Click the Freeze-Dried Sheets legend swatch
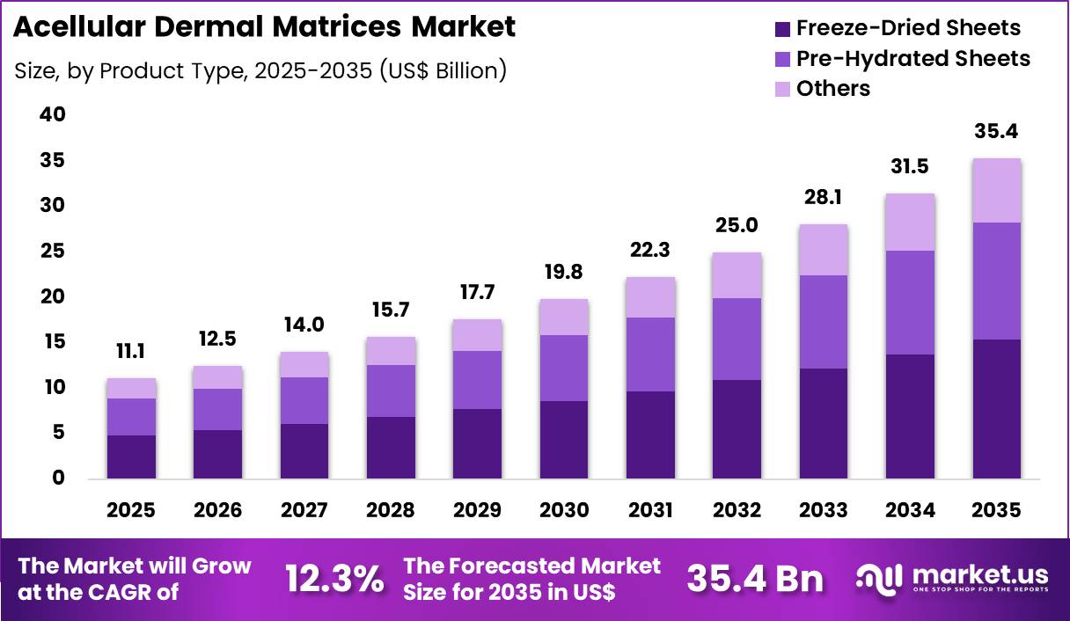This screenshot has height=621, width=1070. pos(782,29)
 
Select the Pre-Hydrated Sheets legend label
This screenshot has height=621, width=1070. pos(912,59)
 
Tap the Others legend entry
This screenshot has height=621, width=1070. pos(832,89)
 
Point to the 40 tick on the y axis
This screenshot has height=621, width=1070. pos(52,115)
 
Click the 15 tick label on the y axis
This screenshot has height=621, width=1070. pos(52,342)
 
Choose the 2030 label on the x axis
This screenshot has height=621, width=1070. pos(563,511)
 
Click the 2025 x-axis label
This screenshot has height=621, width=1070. pos(131,511)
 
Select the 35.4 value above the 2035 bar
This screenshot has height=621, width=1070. pos(996,133)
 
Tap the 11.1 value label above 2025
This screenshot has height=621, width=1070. pos(131,353)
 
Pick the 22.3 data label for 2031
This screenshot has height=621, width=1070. pos(649,251)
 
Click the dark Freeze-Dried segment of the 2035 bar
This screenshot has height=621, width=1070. pos(996,409)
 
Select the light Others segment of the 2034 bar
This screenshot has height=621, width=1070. pos(910,223)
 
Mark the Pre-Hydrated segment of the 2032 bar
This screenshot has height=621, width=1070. pos(737,340)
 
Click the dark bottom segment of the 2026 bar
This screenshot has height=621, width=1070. pos(217,454)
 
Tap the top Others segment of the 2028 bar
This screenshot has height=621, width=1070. pos(391,351)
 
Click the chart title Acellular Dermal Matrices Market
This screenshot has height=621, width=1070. pos(265,27)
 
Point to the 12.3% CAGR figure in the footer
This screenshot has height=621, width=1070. pos(334,579)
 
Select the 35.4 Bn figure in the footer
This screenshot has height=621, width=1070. pos(755,579)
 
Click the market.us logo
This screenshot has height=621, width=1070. pos(952,579)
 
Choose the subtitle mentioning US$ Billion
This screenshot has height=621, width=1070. pos(260,71)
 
